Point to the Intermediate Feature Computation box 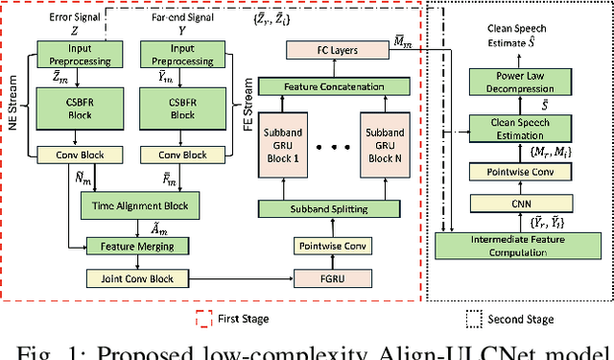[x=518, y=245]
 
